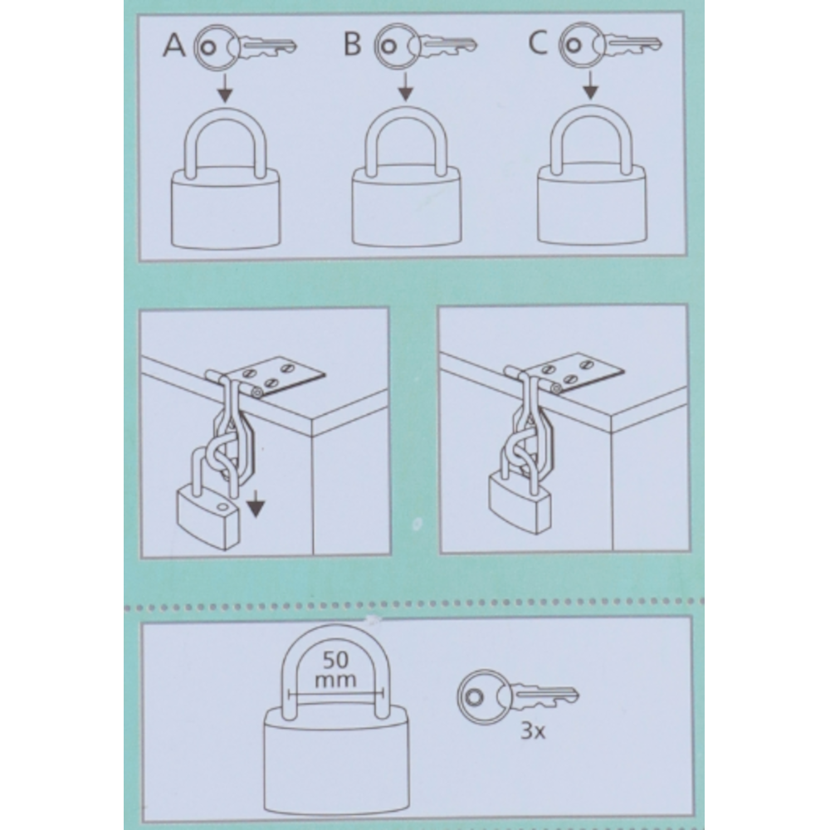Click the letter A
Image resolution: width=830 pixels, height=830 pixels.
coord(174,45)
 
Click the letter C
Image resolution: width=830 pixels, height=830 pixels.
coord(538,42)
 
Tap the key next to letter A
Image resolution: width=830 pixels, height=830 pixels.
coord(245,46)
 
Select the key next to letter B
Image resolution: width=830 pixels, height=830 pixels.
coord(426,45)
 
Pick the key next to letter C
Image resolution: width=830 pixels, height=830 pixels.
coord(610,44)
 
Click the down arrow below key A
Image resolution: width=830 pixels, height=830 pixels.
coord(225,88)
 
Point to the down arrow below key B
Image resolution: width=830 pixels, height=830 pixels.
coord(406,86)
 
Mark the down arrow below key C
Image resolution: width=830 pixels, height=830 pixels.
coord(590,85)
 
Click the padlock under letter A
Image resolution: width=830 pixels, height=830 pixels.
coord(226,207)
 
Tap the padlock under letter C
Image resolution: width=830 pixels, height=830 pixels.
coord(592,204)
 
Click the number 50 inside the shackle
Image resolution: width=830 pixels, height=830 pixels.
coord(335,660)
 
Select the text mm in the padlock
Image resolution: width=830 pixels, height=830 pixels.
coord(335,681)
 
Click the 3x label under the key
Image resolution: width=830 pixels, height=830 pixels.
coord(533,731)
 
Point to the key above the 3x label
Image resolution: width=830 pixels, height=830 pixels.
coord(518,696)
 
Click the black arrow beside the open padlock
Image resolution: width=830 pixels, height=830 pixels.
coord(256,503)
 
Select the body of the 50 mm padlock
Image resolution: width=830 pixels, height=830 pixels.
coord(335,765)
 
